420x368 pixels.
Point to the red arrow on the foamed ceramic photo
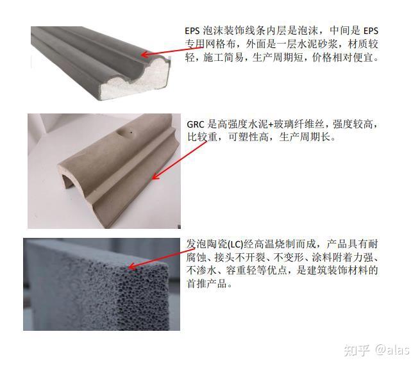click(156, 256)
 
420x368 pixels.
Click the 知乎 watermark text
click(357, 349)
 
